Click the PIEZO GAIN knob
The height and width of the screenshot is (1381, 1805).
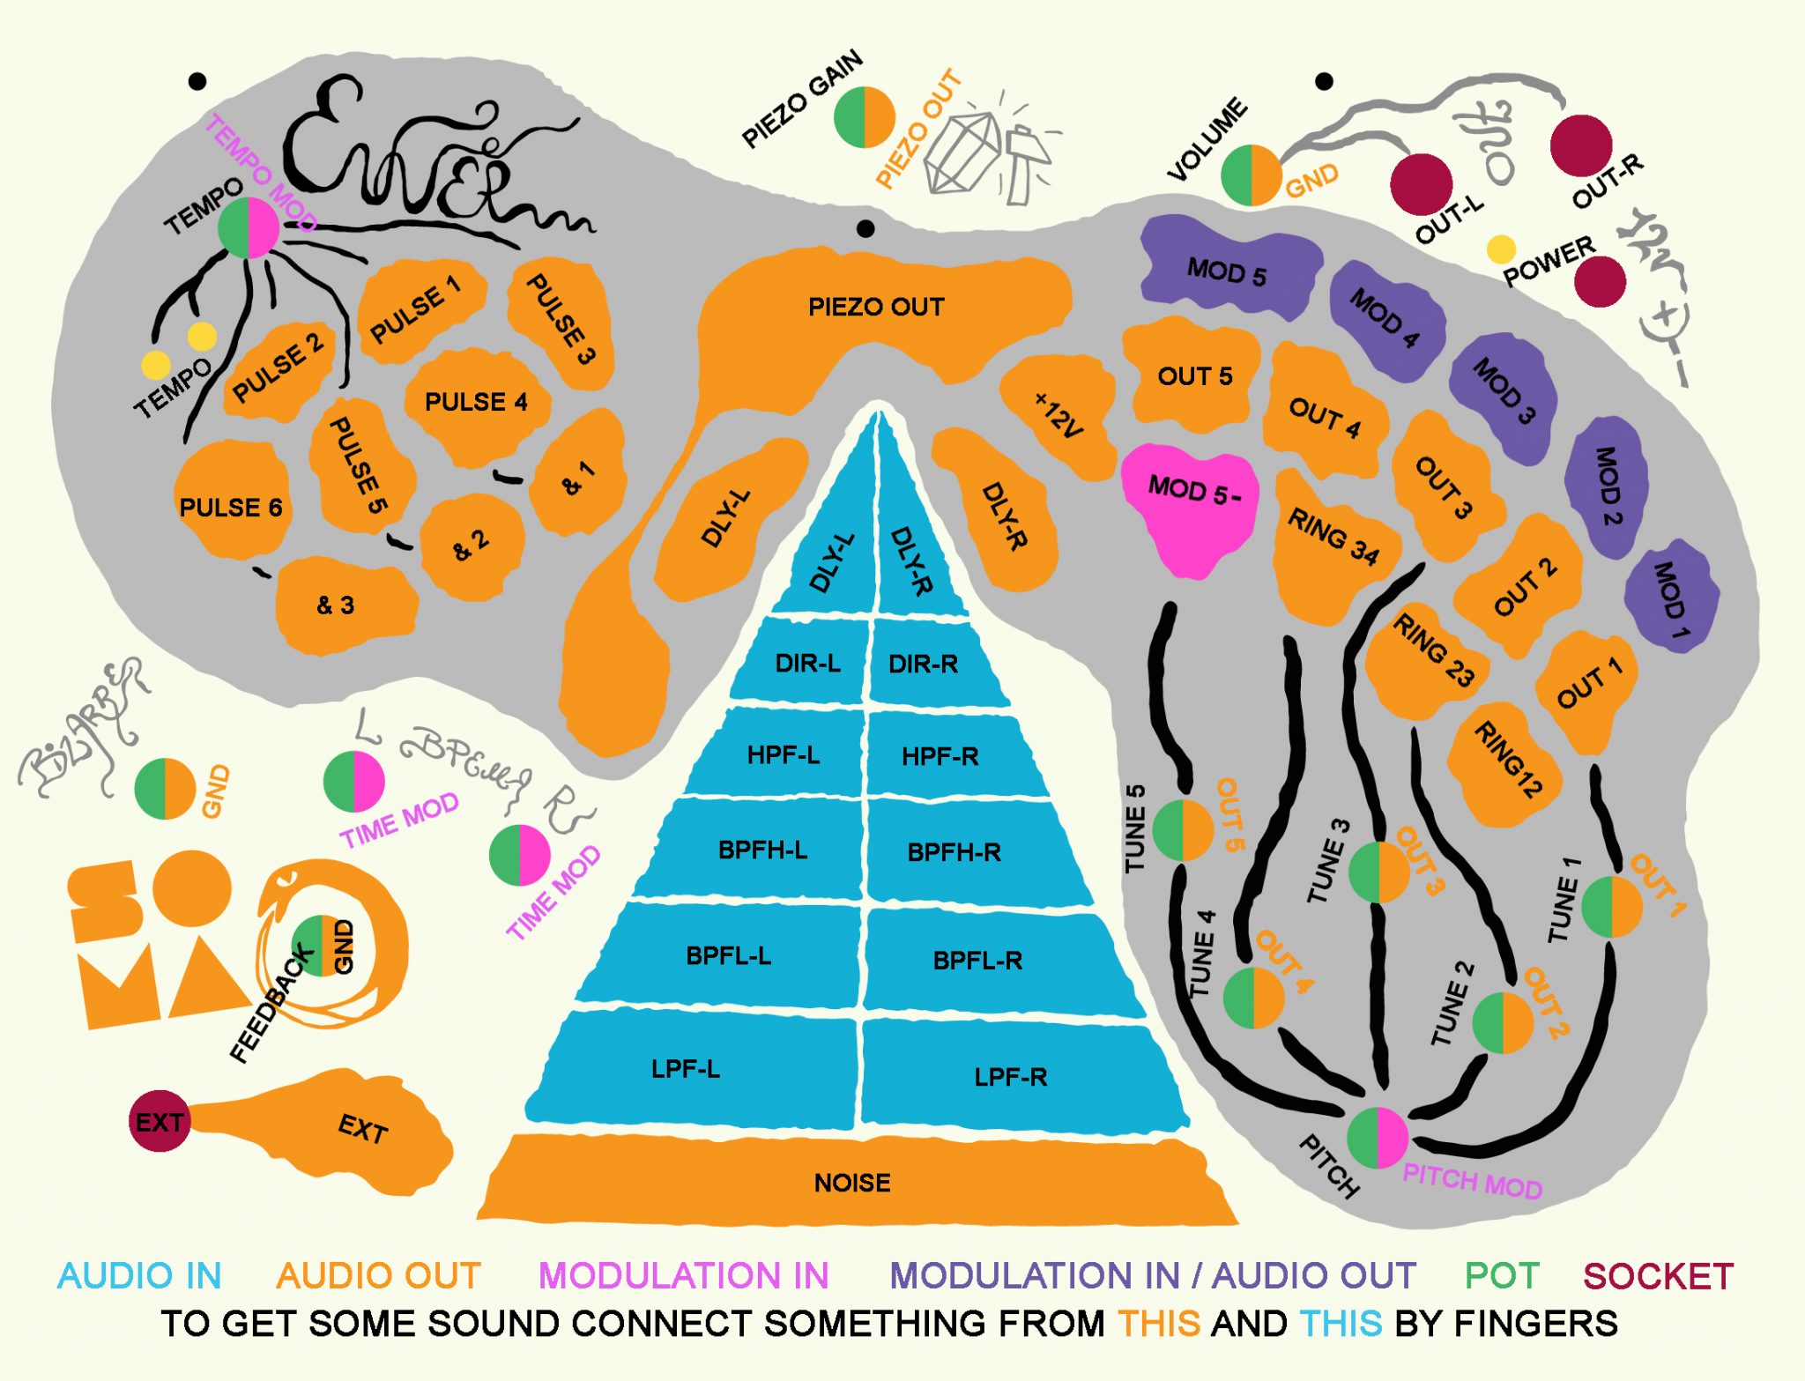865,117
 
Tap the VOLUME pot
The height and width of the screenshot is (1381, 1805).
1251,175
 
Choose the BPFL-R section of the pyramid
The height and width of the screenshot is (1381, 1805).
977,960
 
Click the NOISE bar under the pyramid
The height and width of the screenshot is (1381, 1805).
852,1183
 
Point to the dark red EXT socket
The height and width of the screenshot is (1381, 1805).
160,1121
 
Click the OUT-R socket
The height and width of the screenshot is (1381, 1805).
1581,145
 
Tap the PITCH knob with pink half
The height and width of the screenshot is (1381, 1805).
1378,1137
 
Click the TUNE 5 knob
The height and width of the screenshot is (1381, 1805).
1182,830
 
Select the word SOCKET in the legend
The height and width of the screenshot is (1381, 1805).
1658,1276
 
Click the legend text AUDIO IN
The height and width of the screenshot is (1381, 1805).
139,1276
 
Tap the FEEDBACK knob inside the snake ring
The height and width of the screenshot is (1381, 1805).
321,946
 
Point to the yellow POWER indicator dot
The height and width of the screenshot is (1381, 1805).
1501,249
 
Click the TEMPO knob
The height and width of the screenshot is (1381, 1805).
249,228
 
